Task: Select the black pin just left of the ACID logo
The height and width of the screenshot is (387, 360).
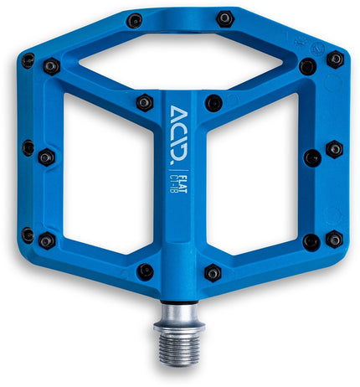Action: pyautogui.click(x=145, y=102)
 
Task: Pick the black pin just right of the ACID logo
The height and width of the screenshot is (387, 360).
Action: pyautogui.click(x=213, y=103)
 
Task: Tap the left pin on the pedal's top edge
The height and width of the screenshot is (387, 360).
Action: pyautogui.click(x=134, y=21)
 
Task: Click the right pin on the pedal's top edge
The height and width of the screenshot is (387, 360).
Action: pyautogui.click(x=224, y=18)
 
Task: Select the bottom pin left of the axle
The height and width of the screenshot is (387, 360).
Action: pyautogui.click(x=145, y=271)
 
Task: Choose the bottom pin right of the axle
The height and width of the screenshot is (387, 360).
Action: pyautogui.click(x=213, y=272)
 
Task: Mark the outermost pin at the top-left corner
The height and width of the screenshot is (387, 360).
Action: pyautogui.click(x=28, y=60)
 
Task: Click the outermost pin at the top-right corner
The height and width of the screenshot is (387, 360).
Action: pyautogui.click(x=335, y=59)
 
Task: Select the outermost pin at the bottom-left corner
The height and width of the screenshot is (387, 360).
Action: pyautogui.click(x=28, y=235)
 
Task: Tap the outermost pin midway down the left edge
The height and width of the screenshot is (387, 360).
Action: pyautogui.click(x=28, y=148)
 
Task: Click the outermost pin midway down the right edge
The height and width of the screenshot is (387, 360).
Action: pyautogui.click(x=334, y=149)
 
